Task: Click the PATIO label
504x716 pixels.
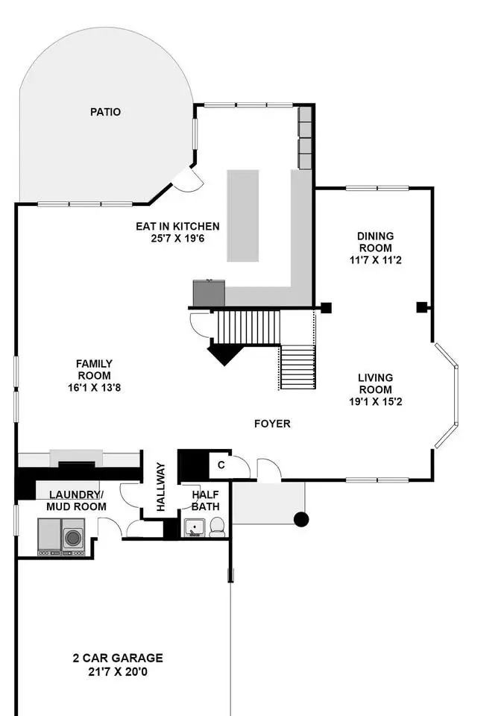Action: tap(105, 112)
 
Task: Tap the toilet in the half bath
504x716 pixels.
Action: tap(217, 527)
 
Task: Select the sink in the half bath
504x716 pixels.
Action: tap(195, 527)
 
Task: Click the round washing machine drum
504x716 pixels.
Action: tap(73, 538)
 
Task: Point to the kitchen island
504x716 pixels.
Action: tap(243, 216)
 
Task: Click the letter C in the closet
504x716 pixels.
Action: tap(221, 465)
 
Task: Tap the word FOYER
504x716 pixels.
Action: tap(272, 424)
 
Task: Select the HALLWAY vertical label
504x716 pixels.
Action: tap(161, 486)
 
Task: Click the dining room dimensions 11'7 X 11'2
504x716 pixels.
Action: tap(376, 260)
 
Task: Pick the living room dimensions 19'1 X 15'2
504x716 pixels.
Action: tap(376, 402)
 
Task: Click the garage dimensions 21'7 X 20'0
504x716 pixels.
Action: tap(118, 672)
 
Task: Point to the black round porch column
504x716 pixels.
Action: tap(301, 519)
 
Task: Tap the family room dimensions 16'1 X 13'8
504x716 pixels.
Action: tap(95, 388)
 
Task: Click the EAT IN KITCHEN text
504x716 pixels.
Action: tap(177, 226)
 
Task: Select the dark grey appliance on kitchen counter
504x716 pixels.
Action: tap(209, 292)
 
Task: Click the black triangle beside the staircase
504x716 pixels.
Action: tap(224, 354)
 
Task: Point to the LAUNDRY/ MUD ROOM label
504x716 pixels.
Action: tap(76, 500)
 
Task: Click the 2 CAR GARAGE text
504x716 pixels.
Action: tap(118, 658)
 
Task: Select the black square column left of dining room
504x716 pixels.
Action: tap(326, 308)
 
